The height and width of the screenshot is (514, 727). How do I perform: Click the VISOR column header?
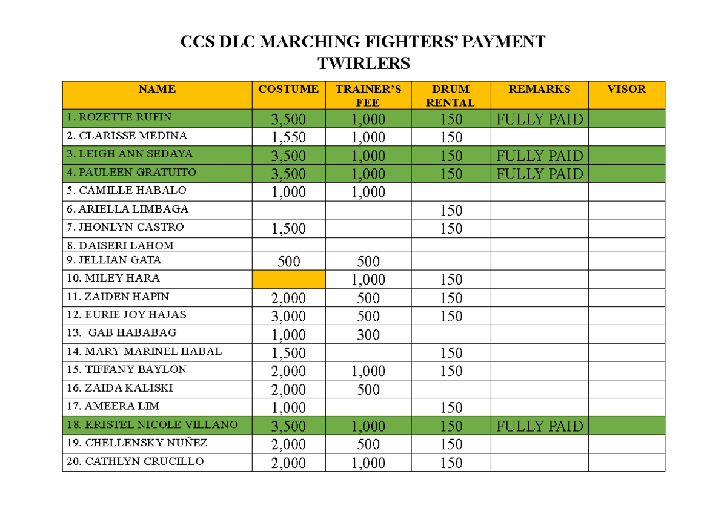[626, 89]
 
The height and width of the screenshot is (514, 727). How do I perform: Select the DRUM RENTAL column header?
[451, 96]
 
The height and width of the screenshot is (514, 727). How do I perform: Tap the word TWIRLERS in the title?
[363, 63]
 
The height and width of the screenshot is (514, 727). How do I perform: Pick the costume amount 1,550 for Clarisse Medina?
[288, 137]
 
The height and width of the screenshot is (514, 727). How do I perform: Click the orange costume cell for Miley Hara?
[288, 279]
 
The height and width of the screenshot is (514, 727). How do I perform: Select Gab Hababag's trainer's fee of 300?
[368, 335]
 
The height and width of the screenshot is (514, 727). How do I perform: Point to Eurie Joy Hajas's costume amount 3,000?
[288, 317]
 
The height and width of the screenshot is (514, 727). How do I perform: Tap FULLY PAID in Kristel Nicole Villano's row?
[539, 426]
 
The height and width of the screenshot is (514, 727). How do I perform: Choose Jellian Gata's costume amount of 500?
[288, 262]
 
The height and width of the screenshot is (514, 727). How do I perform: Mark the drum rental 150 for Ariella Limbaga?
[451, 211]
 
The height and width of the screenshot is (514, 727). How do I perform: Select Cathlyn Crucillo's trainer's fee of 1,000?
[368, 463]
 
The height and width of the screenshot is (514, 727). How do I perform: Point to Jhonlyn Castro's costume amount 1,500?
[288, 229]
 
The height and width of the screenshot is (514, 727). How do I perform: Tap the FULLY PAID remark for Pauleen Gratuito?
[539, 174]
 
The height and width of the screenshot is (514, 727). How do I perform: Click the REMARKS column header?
[539, 89]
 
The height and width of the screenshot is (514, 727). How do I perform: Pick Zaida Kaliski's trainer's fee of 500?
[368, 390]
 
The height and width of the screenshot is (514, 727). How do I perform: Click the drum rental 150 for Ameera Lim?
[451, 408]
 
